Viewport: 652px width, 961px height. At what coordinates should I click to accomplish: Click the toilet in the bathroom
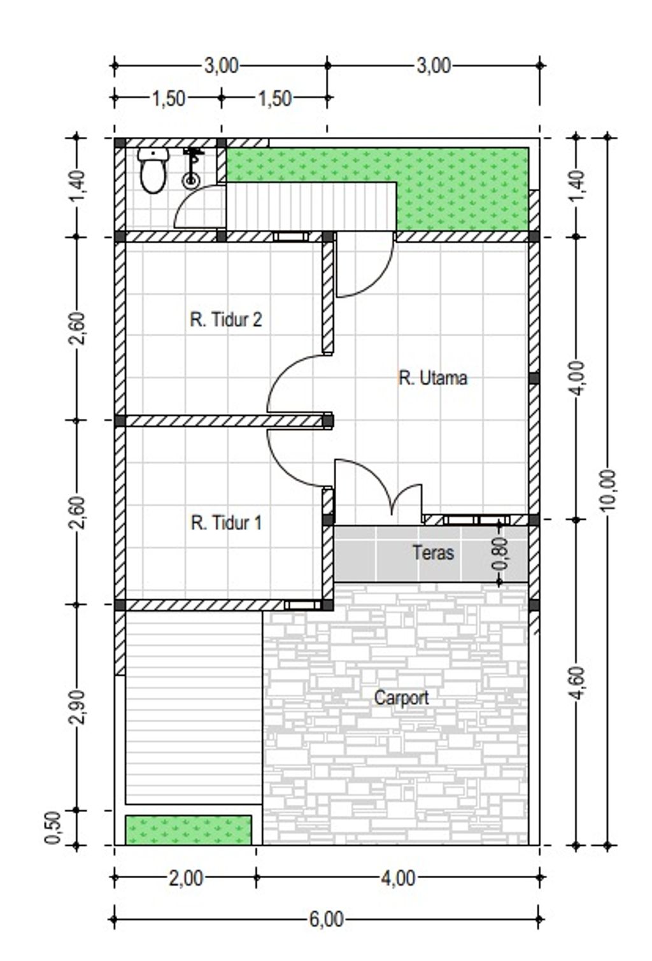pos(153,170)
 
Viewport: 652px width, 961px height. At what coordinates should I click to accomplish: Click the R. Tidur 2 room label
pos(225,320)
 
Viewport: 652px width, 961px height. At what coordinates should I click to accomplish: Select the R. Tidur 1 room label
pos(226,523)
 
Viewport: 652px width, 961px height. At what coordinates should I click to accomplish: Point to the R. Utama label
pos(433,378)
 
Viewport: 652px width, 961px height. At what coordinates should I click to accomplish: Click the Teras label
pos(433,553)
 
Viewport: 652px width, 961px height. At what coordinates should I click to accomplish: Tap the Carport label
pos(402,698)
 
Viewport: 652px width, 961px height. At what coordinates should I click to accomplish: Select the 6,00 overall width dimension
pos(327,920)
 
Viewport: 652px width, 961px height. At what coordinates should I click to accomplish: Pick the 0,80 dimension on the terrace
pos(500,553)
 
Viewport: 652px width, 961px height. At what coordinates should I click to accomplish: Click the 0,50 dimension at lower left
pos(53,827)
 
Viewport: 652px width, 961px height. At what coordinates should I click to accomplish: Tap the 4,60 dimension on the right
pos(578,683)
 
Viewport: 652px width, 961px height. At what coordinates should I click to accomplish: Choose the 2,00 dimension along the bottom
pos(186,878)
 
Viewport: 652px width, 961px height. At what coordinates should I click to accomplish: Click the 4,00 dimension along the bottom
pos(399,878)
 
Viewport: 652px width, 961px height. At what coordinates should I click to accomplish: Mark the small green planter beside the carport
pos(188,830)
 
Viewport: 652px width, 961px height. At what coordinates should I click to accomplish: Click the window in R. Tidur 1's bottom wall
pos(303,605)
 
